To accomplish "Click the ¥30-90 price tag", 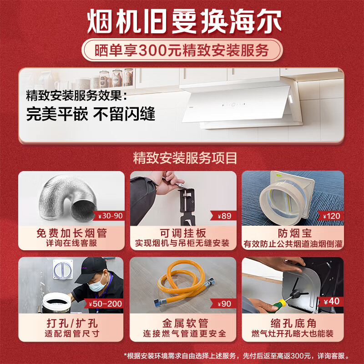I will pos(110,216).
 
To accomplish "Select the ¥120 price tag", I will pos(331,216).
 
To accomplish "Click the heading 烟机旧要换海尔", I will pos(182,21).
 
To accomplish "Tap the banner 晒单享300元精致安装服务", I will pos(182,50).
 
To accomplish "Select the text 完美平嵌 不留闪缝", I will pos(91,114).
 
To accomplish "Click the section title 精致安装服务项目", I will pos(182,158).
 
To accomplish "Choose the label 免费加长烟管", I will pos(71,233).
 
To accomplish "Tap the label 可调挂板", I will pos(183,233).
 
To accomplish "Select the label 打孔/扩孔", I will pos(71,324).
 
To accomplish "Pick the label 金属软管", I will pos(183,324).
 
